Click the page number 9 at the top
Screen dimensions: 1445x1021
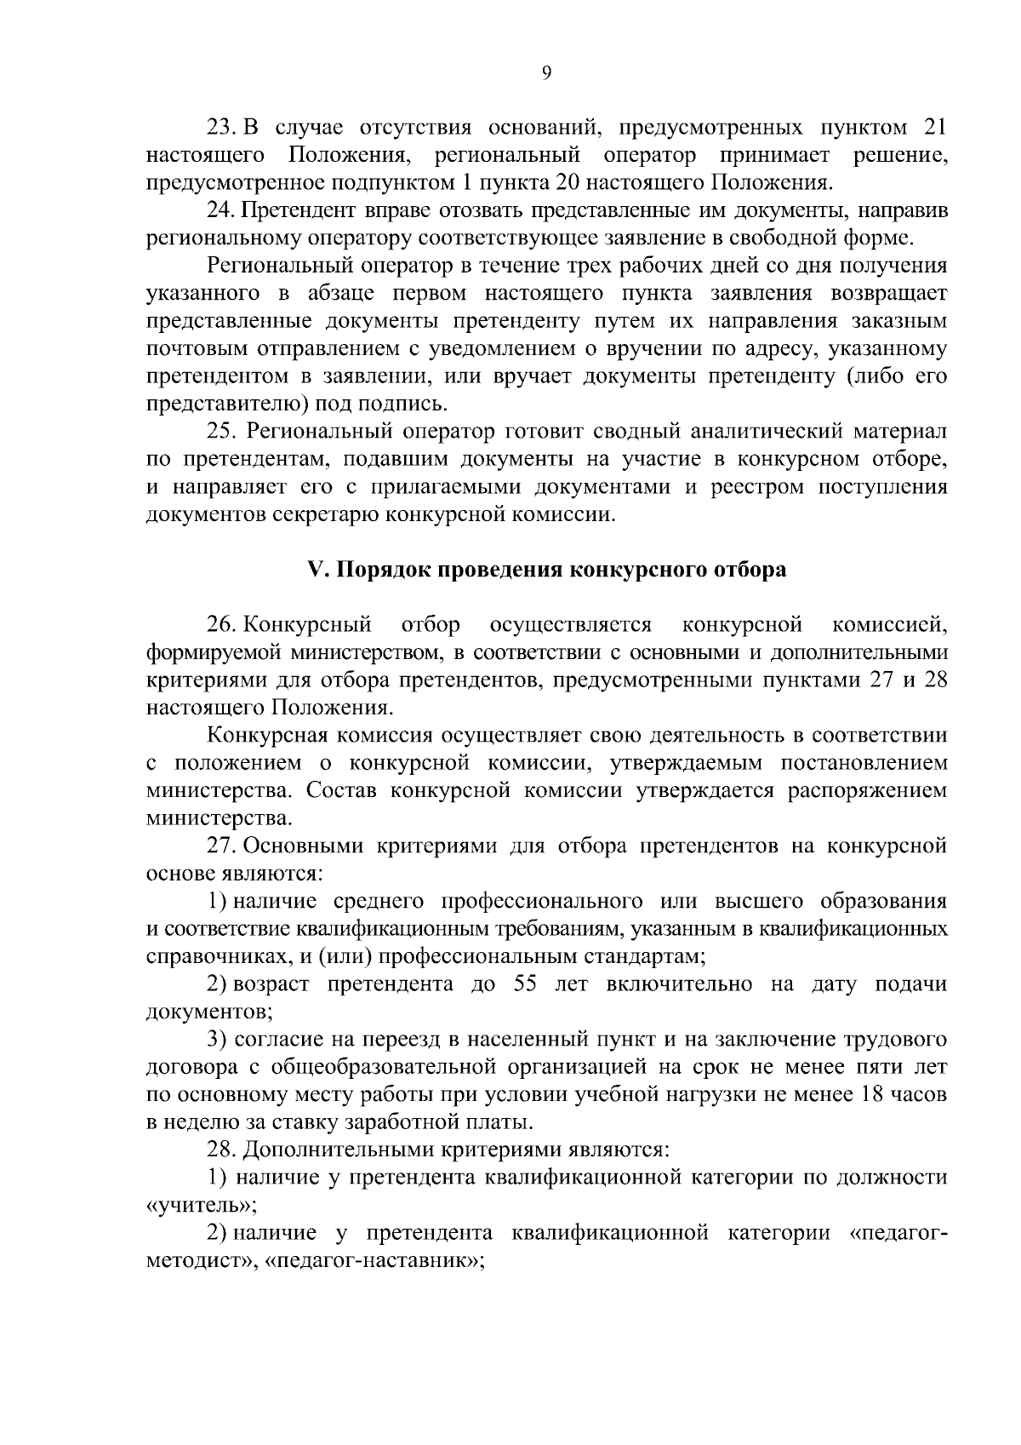click(546, 74)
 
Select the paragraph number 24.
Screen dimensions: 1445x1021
click(220, 210)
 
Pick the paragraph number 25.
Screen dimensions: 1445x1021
click(221, 432)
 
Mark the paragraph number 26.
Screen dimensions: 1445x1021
click(221, 626)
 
